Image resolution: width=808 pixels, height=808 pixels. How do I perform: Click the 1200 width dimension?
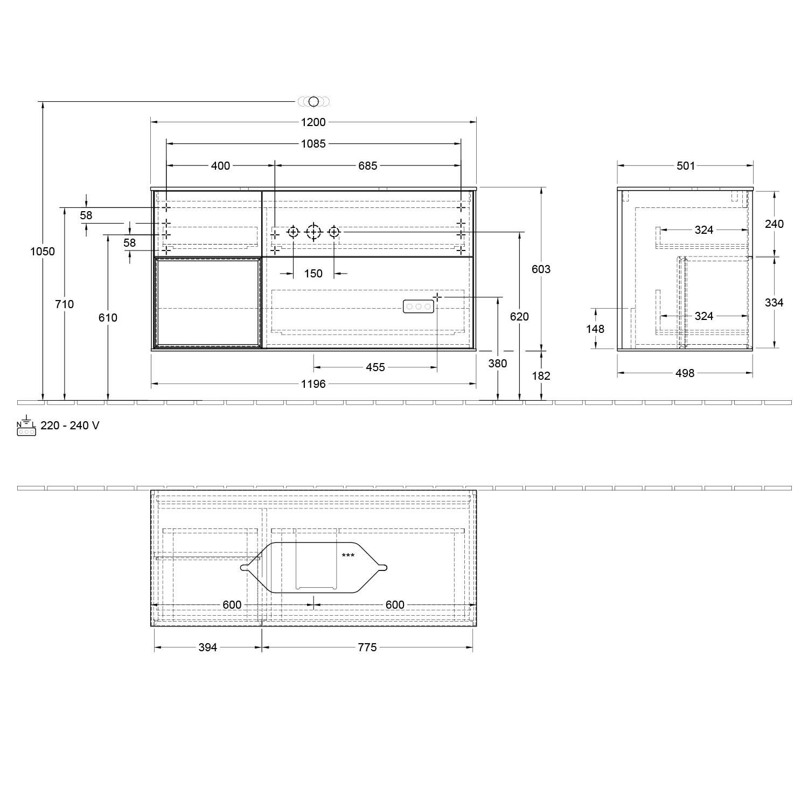tap(313, 122)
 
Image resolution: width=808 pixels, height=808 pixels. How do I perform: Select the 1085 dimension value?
tap(313, 144)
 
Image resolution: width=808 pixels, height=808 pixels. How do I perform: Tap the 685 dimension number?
tap(368, 166)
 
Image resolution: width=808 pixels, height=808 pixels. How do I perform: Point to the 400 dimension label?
tap(220, 166)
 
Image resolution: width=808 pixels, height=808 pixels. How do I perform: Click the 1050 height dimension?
tap(43, 251)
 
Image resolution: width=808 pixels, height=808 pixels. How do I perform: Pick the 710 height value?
tap(65, 304)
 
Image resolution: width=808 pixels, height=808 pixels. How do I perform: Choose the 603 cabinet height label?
tap(541, 269)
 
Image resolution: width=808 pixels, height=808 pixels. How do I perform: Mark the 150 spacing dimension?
tap(313, 274)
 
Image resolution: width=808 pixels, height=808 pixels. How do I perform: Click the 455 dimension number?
tap(375, 367)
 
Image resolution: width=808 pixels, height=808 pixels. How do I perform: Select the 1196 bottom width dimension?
tap(313, 384)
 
